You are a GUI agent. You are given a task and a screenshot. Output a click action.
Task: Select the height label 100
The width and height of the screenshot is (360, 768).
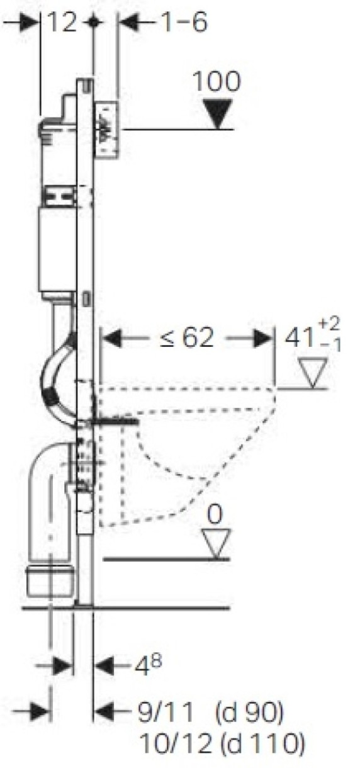[217, 81]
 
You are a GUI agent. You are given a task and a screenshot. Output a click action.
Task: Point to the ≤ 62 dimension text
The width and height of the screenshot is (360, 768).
[187, 337]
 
